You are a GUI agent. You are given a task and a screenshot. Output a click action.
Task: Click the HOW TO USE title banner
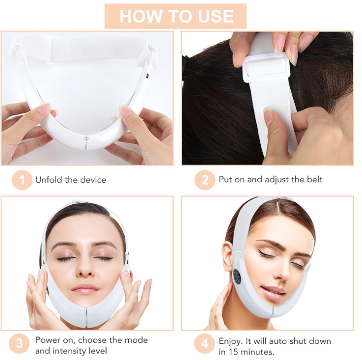coord(175,16)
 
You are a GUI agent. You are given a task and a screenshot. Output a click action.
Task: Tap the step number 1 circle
coord(22,180)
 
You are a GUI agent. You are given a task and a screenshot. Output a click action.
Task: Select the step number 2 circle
coord(205,180)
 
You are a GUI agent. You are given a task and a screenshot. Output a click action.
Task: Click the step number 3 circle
coord(19,343)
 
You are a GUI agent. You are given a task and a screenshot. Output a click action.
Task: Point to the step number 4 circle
coord(204,343)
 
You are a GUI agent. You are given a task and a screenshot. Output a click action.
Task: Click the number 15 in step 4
coord(234,352)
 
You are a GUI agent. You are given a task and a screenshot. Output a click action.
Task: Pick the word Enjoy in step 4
coord(230,341)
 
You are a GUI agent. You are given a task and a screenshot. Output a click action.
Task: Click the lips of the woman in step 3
coord(84,289)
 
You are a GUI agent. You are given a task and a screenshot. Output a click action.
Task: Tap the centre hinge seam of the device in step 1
coord(86,143)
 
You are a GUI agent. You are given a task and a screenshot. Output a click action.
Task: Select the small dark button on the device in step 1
coord(148,76)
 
